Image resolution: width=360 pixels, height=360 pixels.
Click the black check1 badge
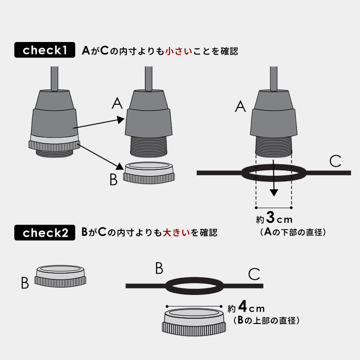pyautogui.click(x=44, y=50)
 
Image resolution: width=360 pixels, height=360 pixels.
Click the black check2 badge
pyautogui.click(x=44, y=233)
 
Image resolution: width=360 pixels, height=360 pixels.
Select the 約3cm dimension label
pyautogui.click(x=274, y=217)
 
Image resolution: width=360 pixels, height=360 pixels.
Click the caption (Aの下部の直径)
pyautogui.click(x=293, y=232)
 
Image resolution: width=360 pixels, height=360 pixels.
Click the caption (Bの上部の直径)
pyautogui.click(x=266, y=321)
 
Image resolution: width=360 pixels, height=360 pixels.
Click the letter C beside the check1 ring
pyautogui.click(x=336, y=162)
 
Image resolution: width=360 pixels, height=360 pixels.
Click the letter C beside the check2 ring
pyautogui.click(x=254, y=274)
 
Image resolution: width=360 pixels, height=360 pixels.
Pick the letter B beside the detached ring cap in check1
pyautogui.click(x=114, y=180)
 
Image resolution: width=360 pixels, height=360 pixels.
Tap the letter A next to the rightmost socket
pyautogui.click(x=240, y=107)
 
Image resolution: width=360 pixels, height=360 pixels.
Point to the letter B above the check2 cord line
pyautogui.click(x=159, y=268)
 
